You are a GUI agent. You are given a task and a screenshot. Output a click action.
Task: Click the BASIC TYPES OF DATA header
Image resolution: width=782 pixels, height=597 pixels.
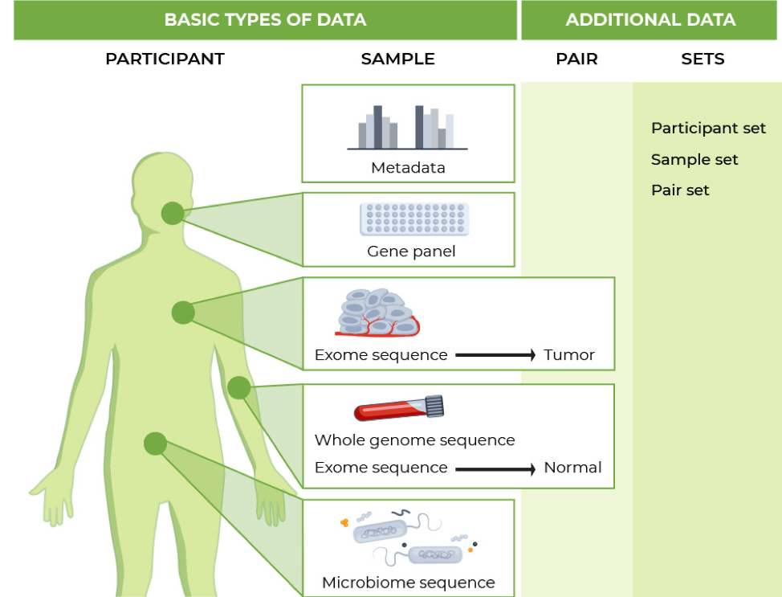point(265,20)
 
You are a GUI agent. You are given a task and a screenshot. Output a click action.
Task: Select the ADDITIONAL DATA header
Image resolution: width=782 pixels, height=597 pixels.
point(650,20)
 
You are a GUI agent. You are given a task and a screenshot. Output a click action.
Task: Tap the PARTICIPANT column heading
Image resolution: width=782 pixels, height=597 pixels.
point(165,59)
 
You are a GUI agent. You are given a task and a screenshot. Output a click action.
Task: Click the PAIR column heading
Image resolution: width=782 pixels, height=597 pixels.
point(576,59)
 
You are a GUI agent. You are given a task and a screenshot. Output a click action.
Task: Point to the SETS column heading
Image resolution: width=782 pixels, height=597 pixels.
point(703,59)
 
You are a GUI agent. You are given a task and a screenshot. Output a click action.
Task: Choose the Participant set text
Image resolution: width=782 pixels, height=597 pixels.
point(708,129)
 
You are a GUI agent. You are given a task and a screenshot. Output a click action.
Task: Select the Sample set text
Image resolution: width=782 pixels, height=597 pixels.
point(694,160)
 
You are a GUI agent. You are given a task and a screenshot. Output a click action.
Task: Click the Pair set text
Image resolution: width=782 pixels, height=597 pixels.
point(680,190)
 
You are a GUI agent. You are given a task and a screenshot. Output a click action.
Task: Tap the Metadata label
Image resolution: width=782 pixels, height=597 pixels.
point(408,168)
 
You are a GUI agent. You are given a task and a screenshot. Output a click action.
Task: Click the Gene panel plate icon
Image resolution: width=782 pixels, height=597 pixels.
point(414,219)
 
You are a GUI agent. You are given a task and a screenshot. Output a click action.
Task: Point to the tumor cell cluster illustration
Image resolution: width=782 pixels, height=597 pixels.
point(377,312)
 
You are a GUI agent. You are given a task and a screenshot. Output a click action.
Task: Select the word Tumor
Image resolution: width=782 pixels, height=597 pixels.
point(569,355)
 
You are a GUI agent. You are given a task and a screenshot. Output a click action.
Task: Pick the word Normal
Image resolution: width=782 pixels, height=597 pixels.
point(572,467)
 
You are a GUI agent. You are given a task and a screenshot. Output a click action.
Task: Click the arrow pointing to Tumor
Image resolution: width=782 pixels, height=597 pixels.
point(495,355)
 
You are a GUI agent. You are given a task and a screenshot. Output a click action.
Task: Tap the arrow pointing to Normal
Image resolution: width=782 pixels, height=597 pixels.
point(495,468)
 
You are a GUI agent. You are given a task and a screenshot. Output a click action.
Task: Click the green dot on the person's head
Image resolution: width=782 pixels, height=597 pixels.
point(173,213)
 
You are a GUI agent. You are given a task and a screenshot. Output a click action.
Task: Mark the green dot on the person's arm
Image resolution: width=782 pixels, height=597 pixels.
point(239,388)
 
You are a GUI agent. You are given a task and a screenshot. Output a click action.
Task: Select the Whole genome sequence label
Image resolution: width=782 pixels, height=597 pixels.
point(414,441)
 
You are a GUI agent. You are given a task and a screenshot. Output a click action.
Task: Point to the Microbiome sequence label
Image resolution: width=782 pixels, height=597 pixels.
point(409,583)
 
